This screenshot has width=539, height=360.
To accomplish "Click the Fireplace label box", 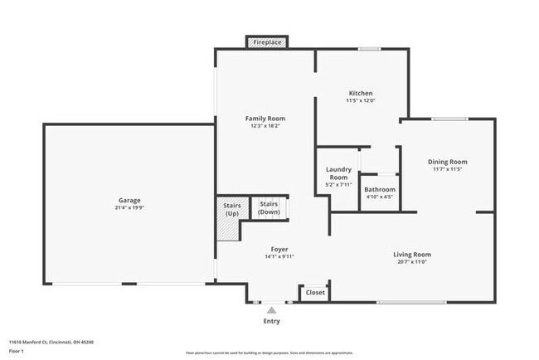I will [x=266, y=41].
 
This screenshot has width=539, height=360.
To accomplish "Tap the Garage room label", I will [x=129, y=200].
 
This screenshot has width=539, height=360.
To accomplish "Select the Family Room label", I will [x=265, y=119].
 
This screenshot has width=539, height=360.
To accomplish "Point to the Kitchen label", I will [x=360, y=93].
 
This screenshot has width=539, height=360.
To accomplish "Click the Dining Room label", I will [x=447, y=162].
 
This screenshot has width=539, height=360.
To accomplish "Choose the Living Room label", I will [x=411, y=255].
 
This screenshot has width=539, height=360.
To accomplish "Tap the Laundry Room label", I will [x=337, y=173].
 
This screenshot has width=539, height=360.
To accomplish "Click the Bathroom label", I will [x=381, y=189].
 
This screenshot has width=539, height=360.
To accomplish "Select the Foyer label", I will [x=279, y=249].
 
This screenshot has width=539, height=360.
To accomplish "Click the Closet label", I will [x=315, y=293].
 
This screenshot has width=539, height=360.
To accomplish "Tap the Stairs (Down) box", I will [x=269, y=207].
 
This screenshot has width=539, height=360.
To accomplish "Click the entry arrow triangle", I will [x=271, y=310].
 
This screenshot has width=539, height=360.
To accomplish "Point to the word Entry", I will [x=271, y=321].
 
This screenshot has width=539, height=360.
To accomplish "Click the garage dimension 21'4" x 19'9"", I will [x=129, y=207].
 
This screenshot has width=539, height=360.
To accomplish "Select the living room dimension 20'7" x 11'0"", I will [x=411, y=262].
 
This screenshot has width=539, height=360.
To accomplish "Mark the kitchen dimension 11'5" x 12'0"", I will [x=360, y=100].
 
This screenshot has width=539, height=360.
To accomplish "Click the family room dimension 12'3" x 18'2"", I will [x=265, y=126].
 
